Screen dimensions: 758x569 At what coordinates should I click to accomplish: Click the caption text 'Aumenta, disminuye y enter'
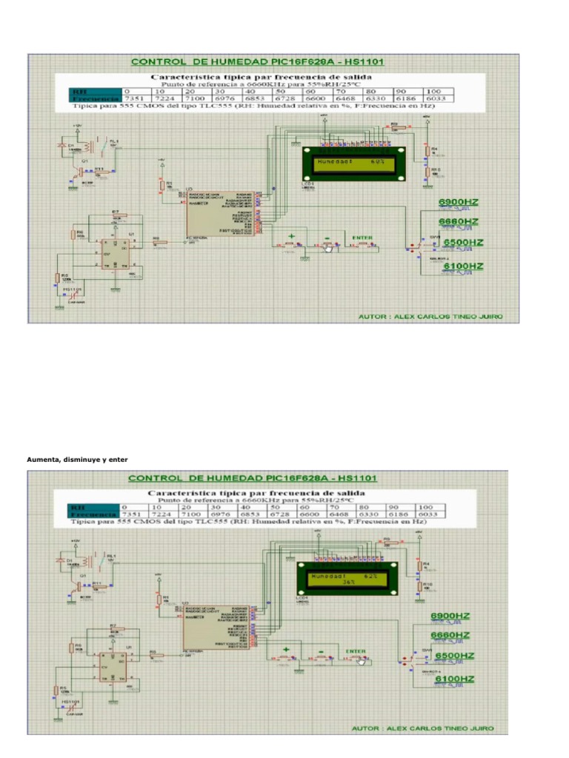point(77,460)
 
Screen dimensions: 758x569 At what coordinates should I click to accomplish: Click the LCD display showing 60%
point(351,162)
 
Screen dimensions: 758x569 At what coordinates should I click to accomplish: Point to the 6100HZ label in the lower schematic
point(453,678)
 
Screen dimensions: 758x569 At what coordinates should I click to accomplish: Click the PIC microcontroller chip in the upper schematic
point(222,214)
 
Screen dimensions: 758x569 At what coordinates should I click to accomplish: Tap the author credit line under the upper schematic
point(430,316)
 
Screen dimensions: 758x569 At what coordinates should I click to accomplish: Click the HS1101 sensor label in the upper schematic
point(72,289)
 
